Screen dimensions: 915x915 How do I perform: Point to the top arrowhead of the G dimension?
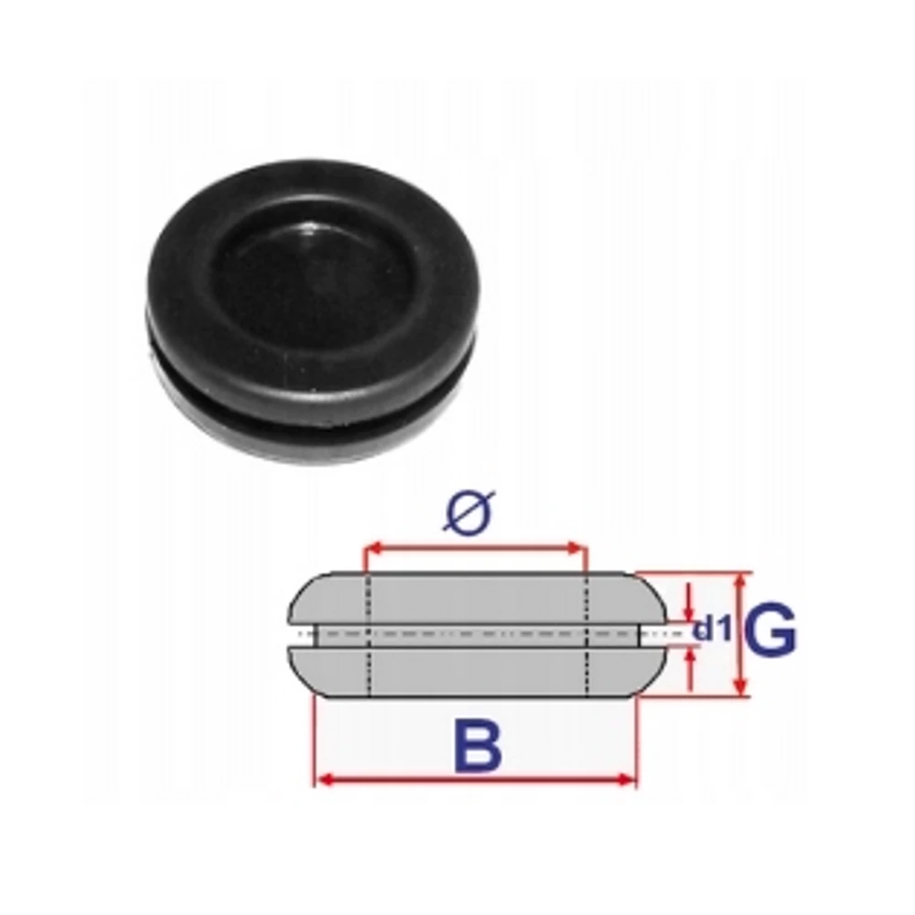click(x=741, y=581)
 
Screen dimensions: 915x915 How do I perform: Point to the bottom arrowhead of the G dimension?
click(x=741, y=687)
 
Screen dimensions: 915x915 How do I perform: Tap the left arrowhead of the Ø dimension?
click(x=373, y=548)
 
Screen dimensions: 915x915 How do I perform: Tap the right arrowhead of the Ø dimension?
click(x=576, y=548)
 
